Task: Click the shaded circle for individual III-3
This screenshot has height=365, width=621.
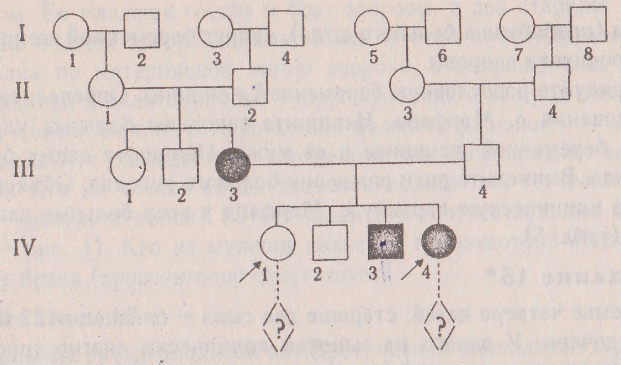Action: pyautogui.click(x=233, y=164)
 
